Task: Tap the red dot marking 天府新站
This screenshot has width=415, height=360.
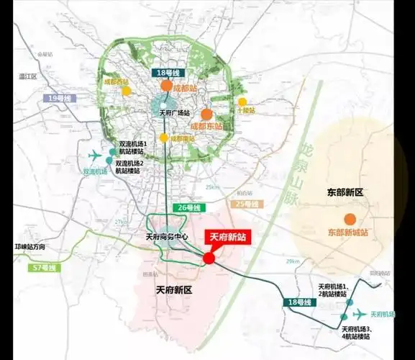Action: [209, 258]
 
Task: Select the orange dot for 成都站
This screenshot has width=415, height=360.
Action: [167, 86]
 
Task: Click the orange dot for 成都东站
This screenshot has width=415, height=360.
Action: [206, 114]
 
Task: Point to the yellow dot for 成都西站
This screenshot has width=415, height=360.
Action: [127, 91]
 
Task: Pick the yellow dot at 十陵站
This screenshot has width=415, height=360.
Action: [243, 102]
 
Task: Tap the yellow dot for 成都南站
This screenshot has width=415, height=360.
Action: [165, 138]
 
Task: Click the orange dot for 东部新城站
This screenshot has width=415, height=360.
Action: [350, 219]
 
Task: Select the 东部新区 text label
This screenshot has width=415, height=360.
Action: [346, 193]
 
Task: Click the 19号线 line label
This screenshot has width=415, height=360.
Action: [58, 98]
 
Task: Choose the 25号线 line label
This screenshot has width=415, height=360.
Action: [245, 204]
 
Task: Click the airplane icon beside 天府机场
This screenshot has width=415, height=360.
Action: [359, 314]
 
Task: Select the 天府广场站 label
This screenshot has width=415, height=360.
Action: [173, 113]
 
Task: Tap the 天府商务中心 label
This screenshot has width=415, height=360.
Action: [167, 238]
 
